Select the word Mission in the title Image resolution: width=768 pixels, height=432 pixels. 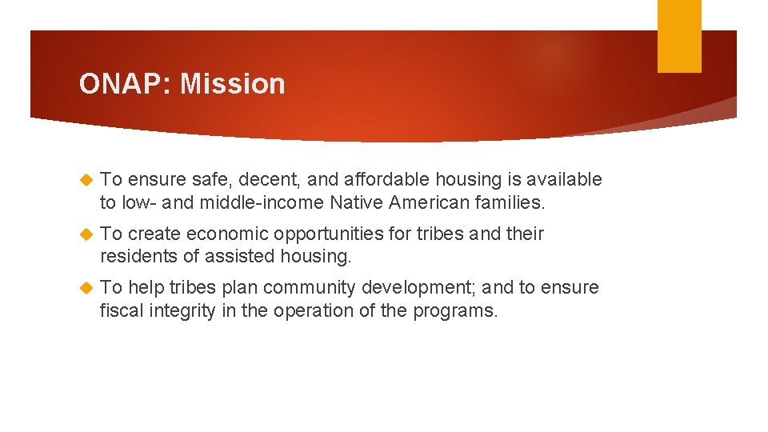233,83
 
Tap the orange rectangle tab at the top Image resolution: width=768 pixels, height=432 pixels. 679,36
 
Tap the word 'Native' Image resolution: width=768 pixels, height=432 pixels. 356,203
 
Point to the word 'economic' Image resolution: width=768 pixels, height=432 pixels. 222,234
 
